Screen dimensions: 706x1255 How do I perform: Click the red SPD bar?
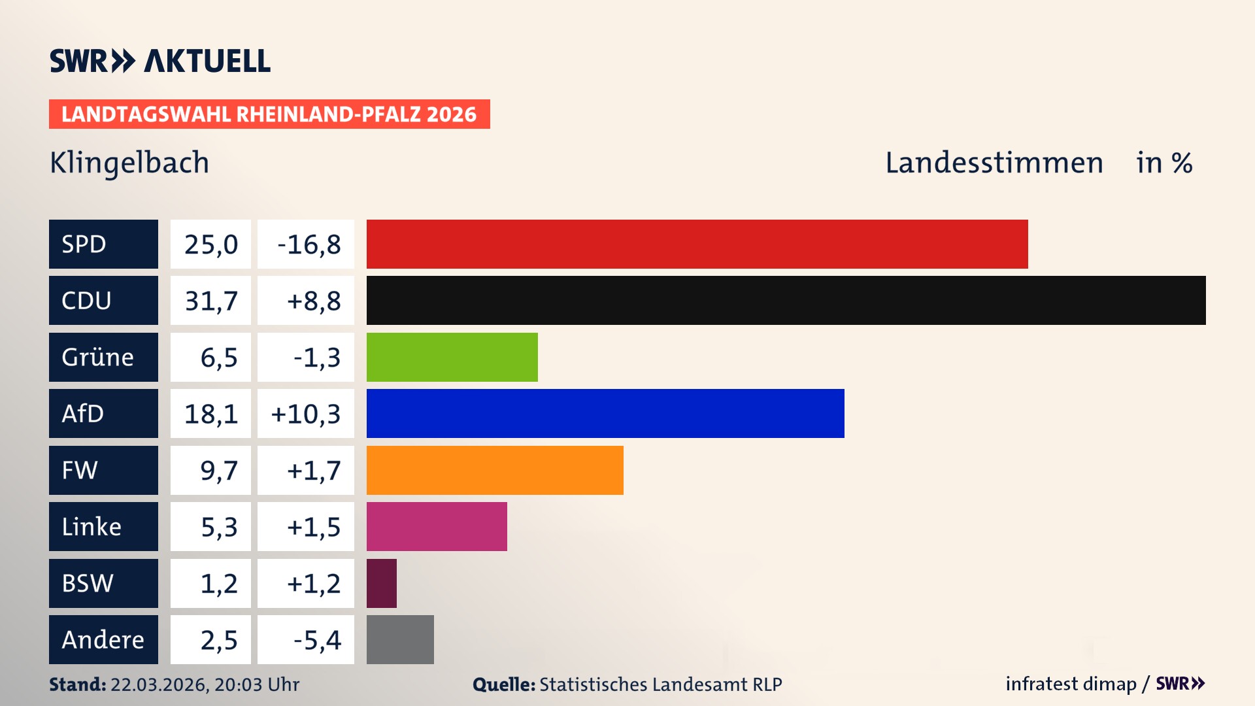coord(697,244)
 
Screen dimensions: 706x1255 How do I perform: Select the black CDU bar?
coord(786,300)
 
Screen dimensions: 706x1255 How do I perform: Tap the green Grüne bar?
coord(452,357)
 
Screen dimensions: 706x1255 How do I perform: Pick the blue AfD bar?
coord(605,413)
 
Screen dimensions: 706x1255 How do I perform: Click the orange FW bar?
coord(495,470)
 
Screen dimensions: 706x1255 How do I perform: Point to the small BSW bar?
coord(382,583)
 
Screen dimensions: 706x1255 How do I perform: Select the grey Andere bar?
coord(400,639)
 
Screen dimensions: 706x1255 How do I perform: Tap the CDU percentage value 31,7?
coord(210,301)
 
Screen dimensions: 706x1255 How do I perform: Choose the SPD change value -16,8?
coord(307,244)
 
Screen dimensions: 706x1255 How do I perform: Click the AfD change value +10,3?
coord(305,414)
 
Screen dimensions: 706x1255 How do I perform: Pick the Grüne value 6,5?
coord(218,358)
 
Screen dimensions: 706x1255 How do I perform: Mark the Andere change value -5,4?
coord(316,640)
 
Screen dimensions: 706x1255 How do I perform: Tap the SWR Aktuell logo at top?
coord(160,61)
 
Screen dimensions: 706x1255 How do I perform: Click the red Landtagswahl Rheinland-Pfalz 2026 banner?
coord(269,114)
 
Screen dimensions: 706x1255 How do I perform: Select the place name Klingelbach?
coord(129,163)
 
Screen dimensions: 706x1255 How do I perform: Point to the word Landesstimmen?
coord(994,163)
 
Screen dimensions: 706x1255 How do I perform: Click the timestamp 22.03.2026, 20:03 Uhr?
coord(205,684)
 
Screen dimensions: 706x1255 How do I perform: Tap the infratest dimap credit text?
coord(1071,684)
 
